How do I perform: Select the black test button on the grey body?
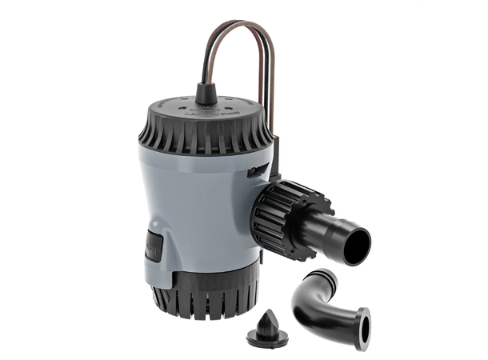point(154,246)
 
